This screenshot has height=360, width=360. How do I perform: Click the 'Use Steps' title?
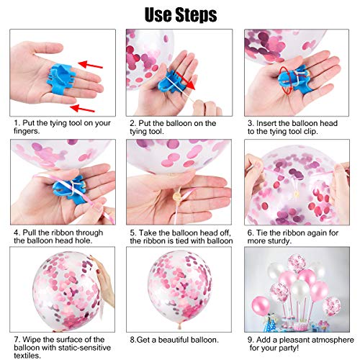click(x=181, y=14)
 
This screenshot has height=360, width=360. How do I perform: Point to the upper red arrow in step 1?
click(x=91, y=65)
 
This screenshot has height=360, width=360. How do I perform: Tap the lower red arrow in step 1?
click(x=82, y=108)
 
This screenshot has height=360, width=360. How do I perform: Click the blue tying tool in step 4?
click(x=70, y=189)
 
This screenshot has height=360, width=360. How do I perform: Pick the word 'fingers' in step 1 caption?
click(x=26, y=131)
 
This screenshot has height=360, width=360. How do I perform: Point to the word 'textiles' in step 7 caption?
click(x=27, y=355)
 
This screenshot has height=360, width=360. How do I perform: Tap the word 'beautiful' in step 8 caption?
click(x=171, y=340)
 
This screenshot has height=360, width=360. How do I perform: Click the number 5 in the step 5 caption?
click(x=132, y=233)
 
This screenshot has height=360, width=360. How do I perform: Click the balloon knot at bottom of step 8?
click(x=179, y=326)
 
